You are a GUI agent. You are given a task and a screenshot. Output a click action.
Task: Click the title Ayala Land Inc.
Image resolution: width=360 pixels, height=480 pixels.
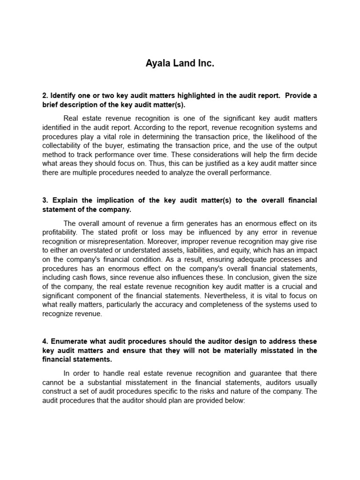(x=180, y=64)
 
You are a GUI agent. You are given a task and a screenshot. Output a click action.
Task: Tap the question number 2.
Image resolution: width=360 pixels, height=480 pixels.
(x=45, y=96)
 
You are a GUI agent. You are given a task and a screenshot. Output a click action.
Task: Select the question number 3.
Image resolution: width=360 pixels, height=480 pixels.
(x=45, y=200)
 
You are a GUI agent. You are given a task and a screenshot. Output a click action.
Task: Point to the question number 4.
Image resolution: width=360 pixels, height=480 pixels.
(x=45, y=341)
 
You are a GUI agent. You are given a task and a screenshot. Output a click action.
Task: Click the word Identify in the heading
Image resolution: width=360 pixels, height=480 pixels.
(x=63, y=96)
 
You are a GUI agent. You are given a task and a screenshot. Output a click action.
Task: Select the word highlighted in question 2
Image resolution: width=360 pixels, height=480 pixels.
(x=192, y=96)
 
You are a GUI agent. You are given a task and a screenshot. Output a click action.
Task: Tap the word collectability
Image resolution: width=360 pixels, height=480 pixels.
(x=67, y=145)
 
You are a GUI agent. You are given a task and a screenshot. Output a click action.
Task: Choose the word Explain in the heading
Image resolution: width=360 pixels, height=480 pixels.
(x=66, y=200)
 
